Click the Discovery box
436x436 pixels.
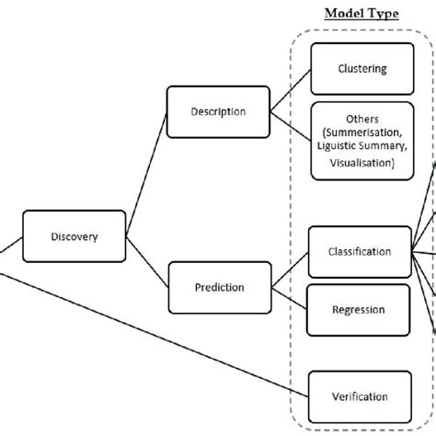click(x=74, y=235)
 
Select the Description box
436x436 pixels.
click(x=218, y=112)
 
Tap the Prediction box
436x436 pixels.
click(x=218, y=287)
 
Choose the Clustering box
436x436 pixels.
click(x=361, y=68)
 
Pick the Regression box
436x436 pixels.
click(x=358, y=309)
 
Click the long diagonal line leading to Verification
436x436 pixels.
click(x=156, y=321)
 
